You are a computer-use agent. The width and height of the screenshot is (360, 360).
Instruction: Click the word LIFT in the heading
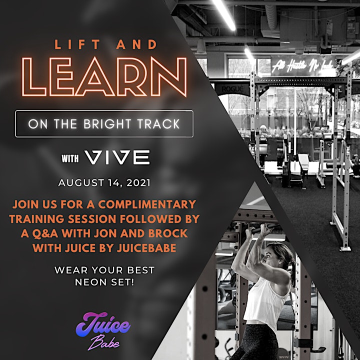click(77, 44)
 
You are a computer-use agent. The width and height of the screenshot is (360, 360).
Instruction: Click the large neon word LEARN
click(104, 77)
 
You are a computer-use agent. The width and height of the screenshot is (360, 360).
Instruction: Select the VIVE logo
click(117, 157)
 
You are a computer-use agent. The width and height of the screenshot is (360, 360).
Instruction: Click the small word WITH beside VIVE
click(70, 158)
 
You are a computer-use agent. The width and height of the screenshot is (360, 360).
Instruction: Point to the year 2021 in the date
click(138, 183)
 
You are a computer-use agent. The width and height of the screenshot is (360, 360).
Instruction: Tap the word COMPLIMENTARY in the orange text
click(147, 204)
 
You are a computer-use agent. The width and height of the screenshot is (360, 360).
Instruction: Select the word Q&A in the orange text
click(45, 233)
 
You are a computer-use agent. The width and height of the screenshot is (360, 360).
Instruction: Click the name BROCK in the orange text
click(168, 233)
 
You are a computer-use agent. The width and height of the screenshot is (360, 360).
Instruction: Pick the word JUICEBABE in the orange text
click(146, 248)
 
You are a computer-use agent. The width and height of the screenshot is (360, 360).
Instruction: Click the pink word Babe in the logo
click(104, 343)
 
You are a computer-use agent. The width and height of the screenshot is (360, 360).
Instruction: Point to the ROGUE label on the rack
click(232, 89)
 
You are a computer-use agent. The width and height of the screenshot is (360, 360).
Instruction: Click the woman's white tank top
click(265, 303)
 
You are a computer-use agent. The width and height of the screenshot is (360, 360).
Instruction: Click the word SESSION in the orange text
click(92, 219)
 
